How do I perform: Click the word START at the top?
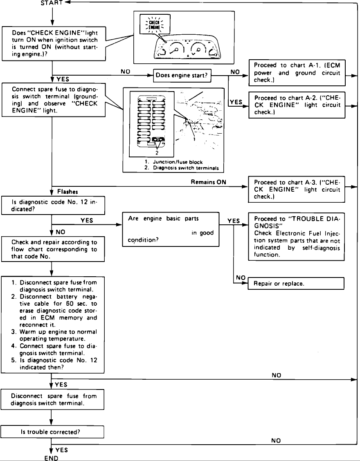52,3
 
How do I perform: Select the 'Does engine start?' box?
182,76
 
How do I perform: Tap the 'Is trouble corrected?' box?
52,432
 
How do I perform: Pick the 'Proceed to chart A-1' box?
297,73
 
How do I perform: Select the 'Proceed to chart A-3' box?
297,189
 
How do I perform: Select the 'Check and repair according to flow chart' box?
52,249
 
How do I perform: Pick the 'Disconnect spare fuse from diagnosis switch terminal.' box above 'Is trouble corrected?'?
52,399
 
